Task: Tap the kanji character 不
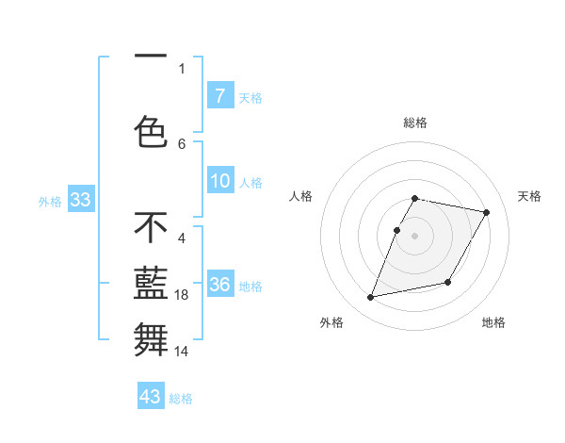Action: (x=151, y=228)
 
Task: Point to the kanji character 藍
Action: (x=151, y=284)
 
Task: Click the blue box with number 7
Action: (x=219, y=95)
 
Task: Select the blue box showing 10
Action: (x=219, y=181)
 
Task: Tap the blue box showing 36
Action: (x=219, y=285)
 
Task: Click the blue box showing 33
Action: (x=79, y=200)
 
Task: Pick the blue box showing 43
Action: (x=151, y=397)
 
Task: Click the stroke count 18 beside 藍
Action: (x=183, y=296)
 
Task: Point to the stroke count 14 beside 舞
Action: (x=183, y=352)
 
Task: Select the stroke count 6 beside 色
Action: (x=182, y=143)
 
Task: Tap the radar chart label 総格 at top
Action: (x=414, y=123)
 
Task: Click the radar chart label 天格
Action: (x=529, y=196)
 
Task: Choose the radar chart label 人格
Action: (x=300, y=196)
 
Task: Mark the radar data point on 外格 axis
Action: (x=371, y=298)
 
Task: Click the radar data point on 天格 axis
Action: (x=486, y=213)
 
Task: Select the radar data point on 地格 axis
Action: (x=448, y=283)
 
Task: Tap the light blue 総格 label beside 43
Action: (x=181, y=399)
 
